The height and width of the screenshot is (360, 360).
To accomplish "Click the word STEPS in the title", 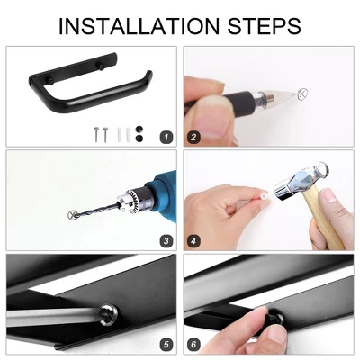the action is coord(265,26).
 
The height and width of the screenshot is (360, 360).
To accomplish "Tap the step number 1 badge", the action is coord(166,138).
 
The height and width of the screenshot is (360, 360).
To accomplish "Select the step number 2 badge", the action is coord(193,138).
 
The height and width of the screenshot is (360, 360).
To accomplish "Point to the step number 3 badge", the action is coord(166,241).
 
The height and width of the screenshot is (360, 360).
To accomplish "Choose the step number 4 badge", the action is coord(193,241).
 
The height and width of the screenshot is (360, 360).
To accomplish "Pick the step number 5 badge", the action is coord(166,345).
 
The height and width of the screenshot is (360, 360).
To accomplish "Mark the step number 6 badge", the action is coord(193,345).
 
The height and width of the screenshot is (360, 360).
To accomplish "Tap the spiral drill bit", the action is coord(96,211).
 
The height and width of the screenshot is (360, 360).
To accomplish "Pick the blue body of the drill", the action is coord(162,192).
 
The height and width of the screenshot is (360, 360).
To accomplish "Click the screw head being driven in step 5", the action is coord(109,314).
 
